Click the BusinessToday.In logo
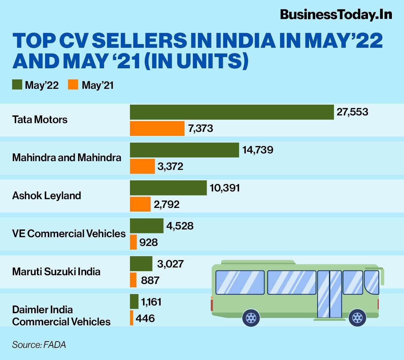coord(336,14)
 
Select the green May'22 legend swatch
coord(17,85)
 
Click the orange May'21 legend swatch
coord(73,85)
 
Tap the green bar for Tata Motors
coord(232,112)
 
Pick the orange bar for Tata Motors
coord(157,129)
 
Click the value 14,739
coord(258,150)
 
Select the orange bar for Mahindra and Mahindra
coord(142,166)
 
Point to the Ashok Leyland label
coord(46,195)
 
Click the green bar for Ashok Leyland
coord(168,188)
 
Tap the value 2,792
coord(166,204)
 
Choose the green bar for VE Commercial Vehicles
coord(146,226)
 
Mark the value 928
coord(148,242)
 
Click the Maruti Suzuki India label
coord(56,272)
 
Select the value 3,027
coord(170,264)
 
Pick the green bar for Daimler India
coord(134,301)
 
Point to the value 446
coord(145,318)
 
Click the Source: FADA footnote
coord(39,345)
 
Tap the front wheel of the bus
coord(357,317)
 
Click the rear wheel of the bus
coord(251,317)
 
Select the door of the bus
coord(330,294)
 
